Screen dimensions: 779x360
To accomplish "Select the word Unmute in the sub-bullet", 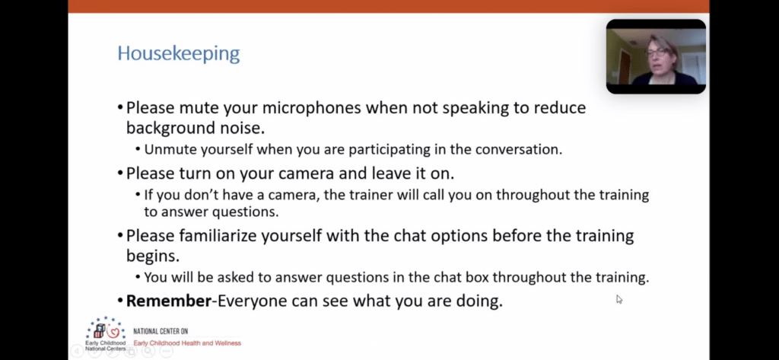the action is point(167,150).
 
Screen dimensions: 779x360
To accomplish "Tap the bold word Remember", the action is point(169,301).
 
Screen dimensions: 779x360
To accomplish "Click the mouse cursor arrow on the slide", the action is point(619,299).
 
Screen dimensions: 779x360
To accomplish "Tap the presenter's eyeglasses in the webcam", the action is point(657,51).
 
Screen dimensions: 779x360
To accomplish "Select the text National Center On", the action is point(161,331).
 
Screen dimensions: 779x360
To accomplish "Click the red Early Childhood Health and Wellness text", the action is point(187,343).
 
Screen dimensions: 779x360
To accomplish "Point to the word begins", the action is point(152,256).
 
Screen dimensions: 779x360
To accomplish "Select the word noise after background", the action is point(243,129).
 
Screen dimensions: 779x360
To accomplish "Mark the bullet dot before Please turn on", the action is point(120,174).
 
